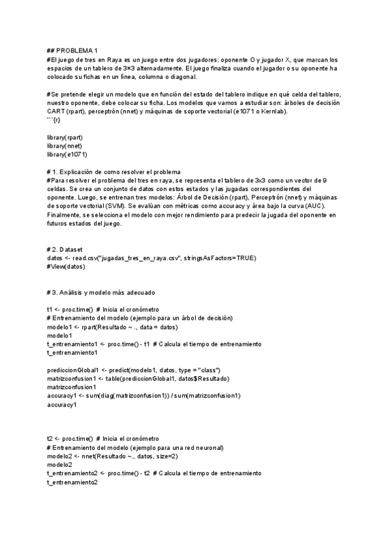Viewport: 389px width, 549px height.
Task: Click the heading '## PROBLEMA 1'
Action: click(x=72, y=50)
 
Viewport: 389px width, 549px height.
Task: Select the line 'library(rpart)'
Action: click(x=65, y=137)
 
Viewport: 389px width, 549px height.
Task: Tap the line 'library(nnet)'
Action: click(x=64, y=146)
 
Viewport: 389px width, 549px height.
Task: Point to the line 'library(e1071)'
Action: click(x=67, y=155)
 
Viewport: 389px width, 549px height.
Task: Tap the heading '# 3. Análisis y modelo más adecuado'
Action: click(x=100, y=293)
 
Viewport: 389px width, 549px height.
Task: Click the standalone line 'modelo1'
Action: click(x=60, y=336)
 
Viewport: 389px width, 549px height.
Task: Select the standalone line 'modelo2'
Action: click(x=60, y=465)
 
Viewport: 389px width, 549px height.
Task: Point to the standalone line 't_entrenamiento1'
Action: click(x=72, y=353)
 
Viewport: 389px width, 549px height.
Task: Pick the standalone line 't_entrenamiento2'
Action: click(x=72, y=482)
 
